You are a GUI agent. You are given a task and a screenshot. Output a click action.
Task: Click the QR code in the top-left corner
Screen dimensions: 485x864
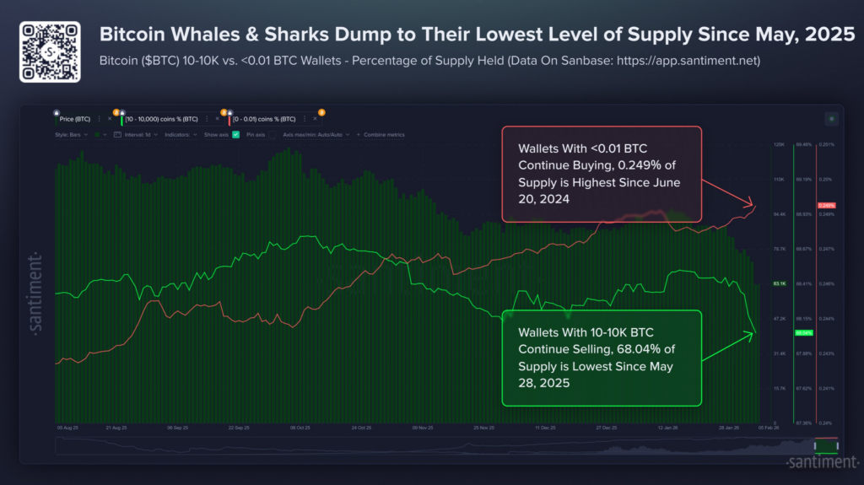50,51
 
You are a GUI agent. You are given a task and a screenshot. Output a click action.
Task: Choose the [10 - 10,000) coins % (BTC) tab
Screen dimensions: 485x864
163,119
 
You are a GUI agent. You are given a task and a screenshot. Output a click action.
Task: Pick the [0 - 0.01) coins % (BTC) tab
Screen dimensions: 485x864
264,119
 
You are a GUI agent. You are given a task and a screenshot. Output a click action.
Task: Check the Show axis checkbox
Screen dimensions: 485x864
236,134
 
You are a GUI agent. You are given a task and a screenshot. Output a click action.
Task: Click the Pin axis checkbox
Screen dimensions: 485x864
273,134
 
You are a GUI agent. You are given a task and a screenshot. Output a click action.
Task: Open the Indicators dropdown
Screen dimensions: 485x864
181,134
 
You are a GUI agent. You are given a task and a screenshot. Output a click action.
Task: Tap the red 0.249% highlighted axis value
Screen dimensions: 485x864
827,206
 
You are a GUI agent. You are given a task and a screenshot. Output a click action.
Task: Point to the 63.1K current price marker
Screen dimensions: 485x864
780,284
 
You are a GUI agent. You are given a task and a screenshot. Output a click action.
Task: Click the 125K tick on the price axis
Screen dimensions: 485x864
780,145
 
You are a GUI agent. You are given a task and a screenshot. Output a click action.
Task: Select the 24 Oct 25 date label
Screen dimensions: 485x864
361,428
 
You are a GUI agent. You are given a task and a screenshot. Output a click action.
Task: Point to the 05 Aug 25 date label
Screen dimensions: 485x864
68,428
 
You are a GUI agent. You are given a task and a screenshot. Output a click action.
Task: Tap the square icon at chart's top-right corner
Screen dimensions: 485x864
831,119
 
